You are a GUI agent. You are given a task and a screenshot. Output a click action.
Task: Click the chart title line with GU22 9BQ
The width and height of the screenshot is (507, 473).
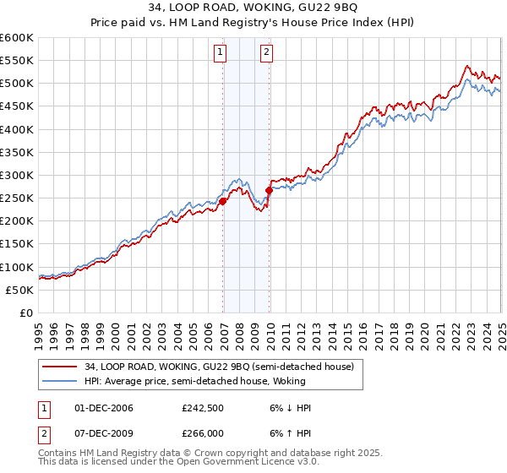coord(253,9)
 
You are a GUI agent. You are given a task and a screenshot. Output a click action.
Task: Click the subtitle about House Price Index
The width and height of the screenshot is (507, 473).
coord(253,24)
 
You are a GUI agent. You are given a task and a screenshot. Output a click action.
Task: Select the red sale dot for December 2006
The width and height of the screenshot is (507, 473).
coord(223,202)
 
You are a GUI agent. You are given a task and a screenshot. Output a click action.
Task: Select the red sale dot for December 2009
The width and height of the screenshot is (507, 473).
coord(269,191)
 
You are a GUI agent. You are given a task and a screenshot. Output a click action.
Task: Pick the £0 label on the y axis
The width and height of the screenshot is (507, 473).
coord(25,313)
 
